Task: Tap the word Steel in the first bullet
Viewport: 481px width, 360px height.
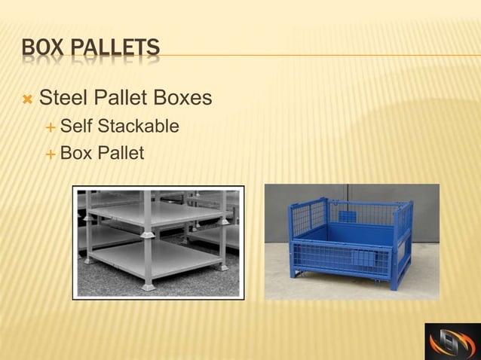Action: coord(61,98)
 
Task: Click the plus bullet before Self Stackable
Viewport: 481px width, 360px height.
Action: coord(50,127)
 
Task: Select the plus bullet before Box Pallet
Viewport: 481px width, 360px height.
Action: coord(50,154)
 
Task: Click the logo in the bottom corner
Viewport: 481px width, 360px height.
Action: coord(452,341)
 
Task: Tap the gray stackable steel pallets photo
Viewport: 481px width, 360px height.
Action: coord(158,242)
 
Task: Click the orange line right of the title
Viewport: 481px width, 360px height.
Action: coord(317,55)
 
